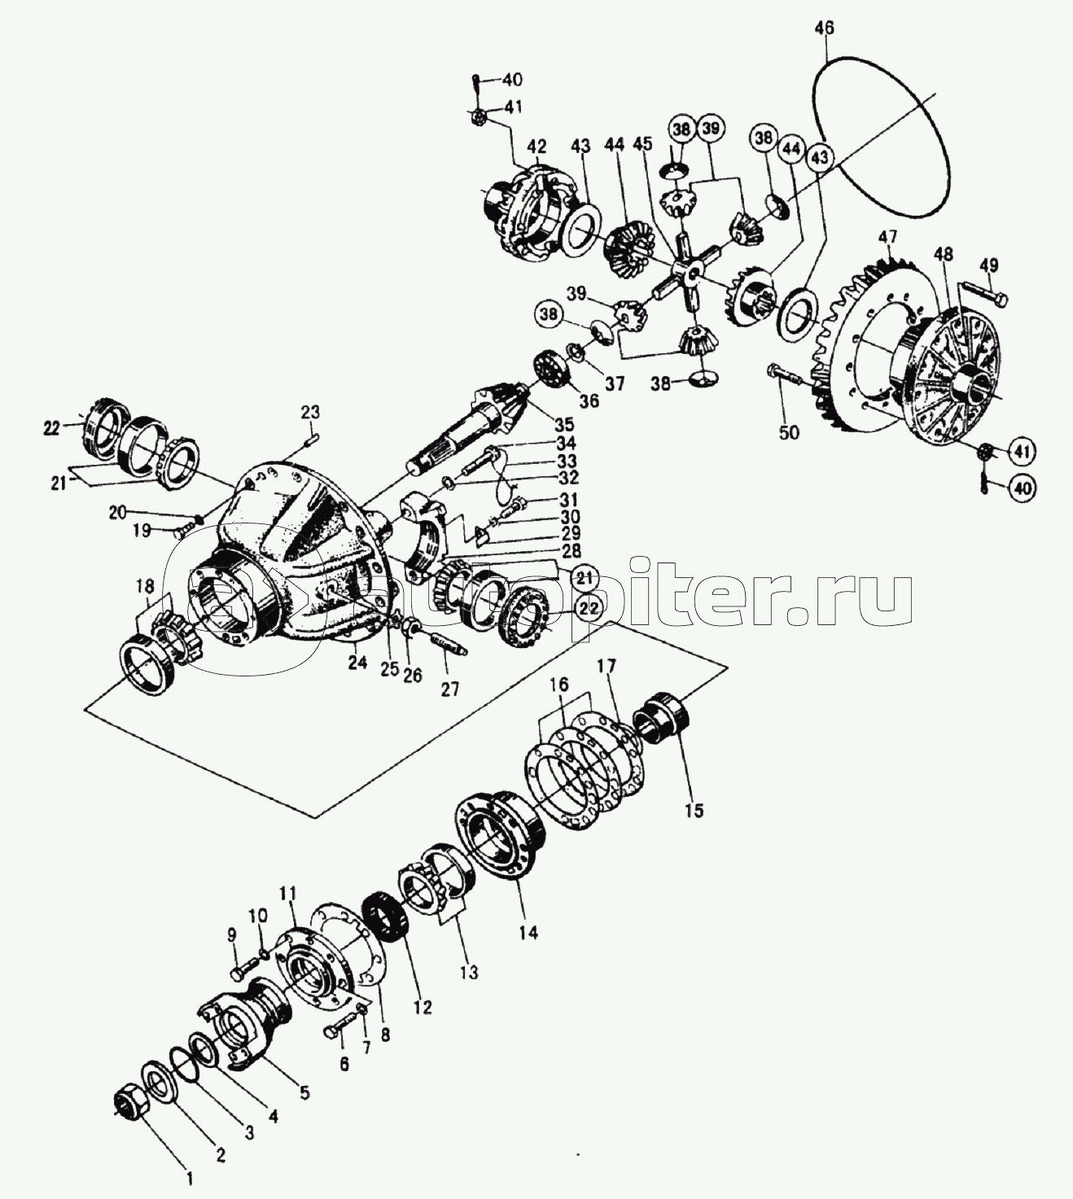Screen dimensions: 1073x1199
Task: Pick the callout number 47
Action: pos(887,238)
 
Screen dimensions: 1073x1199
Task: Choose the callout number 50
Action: pos(788,432)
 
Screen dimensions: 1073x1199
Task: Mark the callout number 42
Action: pos(537,147)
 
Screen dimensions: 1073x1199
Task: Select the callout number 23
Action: pos(311,412)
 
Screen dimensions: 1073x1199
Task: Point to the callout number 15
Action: pos(694,811)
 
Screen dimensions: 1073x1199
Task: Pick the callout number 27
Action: pos(449,689)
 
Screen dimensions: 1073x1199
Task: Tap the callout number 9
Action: pos(231,952)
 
